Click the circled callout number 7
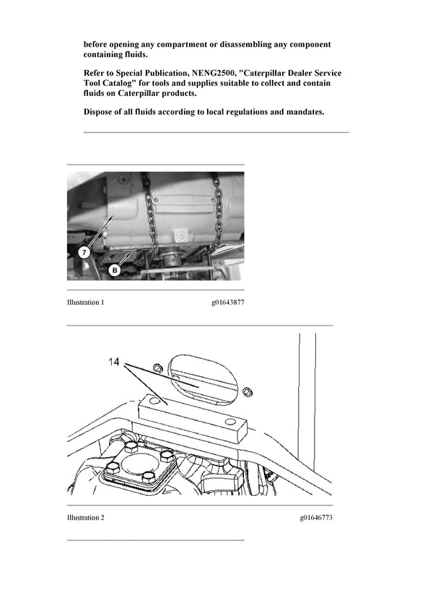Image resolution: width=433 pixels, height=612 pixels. (83, 253)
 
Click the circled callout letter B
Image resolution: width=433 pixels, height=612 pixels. (115, 270)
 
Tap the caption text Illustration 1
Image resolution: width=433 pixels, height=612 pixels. (85, 303)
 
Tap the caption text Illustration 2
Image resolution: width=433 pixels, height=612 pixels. (85, 518)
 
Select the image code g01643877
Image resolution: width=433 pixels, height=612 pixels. (224, 303)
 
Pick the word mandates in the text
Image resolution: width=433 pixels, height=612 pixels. (305, 112)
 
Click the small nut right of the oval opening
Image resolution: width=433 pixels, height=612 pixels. (247, 391)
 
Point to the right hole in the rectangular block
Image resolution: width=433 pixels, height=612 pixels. (229, 421)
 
